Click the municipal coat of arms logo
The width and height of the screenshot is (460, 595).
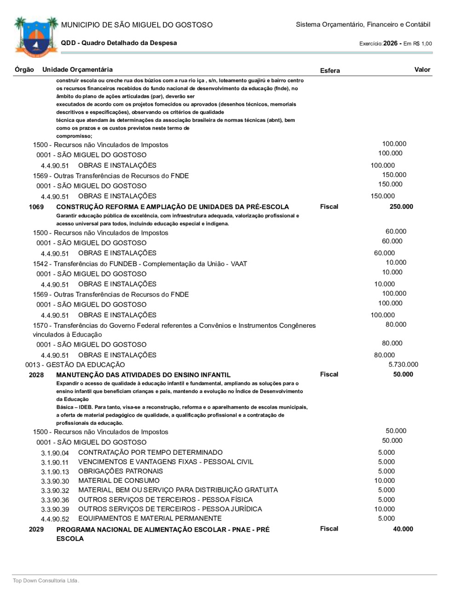(36, 37)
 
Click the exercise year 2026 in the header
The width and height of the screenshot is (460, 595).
(390, 43)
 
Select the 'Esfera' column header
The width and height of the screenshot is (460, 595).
(330, 70)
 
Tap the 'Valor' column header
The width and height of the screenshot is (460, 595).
(422, 69)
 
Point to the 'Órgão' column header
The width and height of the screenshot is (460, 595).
(24, 69)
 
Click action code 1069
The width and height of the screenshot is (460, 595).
(36, 207)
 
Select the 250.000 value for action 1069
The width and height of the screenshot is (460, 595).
(401, 206)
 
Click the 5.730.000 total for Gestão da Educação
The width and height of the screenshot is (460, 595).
(403, 365)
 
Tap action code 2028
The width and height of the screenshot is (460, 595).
(36, 375)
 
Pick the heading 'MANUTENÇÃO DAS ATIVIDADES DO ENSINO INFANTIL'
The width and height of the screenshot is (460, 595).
(144, 375)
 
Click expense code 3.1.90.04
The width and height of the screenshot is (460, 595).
(55, 453)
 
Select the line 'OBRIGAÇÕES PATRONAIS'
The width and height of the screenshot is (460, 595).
(121, 471)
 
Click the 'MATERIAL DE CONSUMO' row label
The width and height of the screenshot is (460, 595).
(119, 481)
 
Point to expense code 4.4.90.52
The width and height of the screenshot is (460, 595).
(55, 519)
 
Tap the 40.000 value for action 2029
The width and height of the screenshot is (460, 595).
(403, 529)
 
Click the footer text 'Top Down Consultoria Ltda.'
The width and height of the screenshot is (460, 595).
(46, 580)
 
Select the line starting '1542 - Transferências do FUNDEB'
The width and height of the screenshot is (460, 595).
(140, 264)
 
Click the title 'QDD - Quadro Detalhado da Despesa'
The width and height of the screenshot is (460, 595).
(119, 43)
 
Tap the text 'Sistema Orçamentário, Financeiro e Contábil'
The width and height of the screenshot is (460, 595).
(363, 24)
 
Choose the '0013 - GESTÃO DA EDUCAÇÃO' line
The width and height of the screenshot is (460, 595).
(75, 365)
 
